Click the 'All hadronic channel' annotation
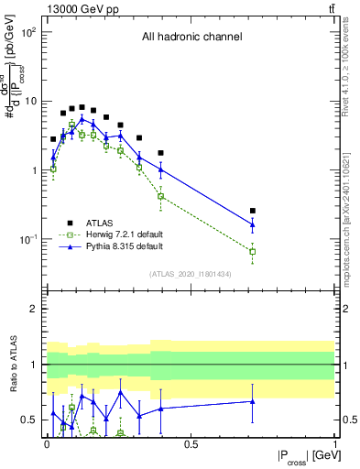[191, 38]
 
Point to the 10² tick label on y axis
[27, 32]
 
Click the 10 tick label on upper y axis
[29, 101]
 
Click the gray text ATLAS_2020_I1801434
[191, 275]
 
